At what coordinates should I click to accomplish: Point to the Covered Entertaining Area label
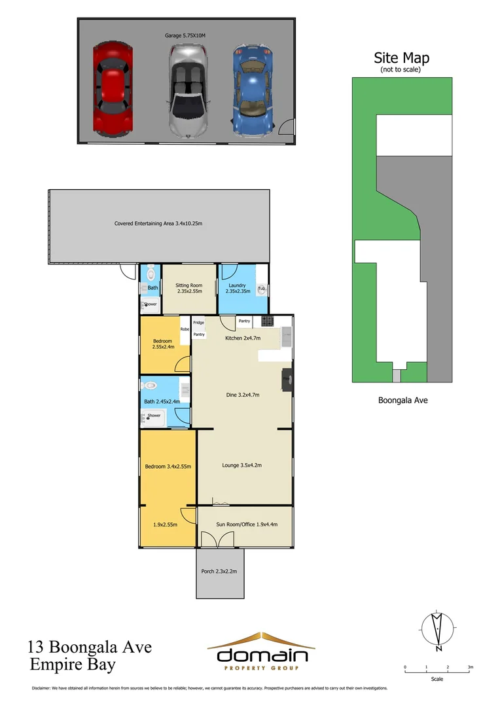click(158, 223)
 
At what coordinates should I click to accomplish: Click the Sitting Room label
click(188, 289)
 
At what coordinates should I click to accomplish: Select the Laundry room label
click(238, 289)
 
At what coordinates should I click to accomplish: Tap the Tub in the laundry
click(261, 289)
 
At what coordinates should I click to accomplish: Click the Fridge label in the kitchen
click(198, 323)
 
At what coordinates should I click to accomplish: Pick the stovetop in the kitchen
click(267, 321)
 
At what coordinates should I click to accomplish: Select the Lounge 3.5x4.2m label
click(241, 465)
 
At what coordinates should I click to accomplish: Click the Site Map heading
click(401, 58)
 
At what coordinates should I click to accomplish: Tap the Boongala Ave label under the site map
click(402, 400)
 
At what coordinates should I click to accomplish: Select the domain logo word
click(262, 655)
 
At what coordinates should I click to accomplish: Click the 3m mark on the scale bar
click(470, 668)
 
